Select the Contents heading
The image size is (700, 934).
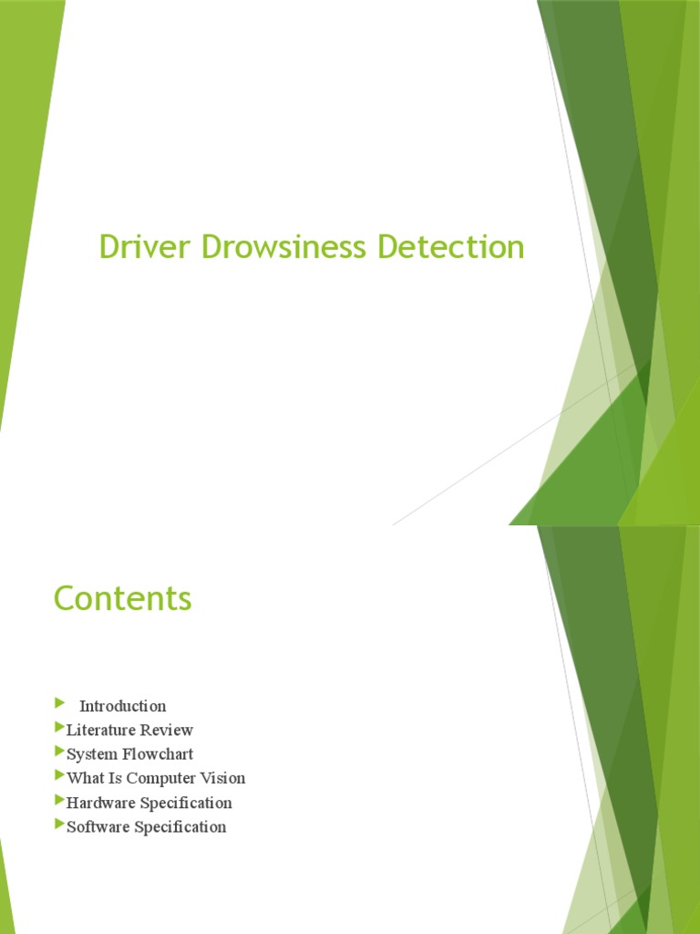pyautogui.click(x=123, y=598)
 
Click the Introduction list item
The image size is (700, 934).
pyautogui.click(x=123, y=706)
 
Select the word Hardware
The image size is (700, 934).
pyautogui.click(x=100, y=803)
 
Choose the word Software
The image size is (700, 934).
pyautogui.click(x=98, y=827)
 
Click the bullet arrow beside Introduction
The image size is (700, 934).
pyautogui.click(x=60, y=702)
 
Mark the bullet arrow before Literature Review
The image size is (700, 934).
pyautogui.click(x=60, y=728)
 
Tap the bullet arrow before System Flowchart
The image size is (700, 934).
pyautogui.click(x=60, y=752)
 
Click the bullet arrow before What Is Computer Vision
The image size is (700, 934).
pyautogui.click(x=60, y=776)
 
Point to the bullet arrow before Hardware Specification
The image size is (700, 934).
pyautogui.click(x=60, y=801)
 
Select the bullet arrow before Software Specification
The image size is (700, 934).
pyautogui.click(x=60, y=825)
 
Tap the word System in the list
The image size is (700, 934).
pyautogui.click(x=91, y=754)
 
